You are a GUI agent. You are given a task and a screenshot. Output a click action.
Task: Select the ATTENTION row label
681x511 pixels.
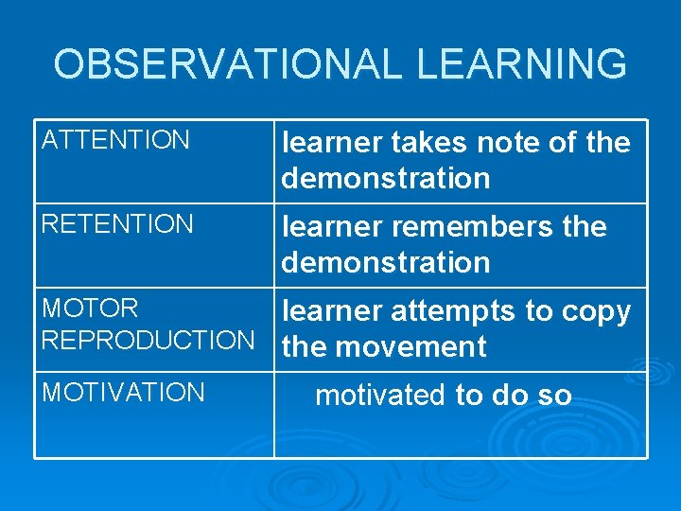coord(116,141)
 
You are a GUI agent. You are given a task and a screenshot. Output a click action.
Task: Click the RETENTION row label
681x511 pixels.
coord(118,224)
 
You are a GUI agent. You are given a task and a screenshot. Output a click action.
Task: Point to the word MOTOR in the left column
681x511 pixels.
coord(91,308)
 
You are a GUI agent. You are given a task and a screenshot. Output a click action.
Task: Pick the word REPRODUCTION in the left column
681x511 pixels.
coord(148,340)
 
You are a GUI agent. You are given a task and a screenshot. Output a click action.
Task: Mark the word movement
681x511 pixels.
coord(410,347)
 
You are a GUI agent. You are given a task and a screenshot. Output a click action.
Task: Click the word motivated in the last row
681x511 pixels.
coord(381,395)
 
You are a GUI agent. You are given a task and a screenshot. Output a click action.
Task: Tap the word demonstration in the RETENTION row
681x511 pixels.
coord(386,262)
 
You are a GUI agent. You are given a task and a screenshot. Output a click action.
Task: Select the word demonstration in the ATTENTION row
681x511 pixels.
coord(386,178)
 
